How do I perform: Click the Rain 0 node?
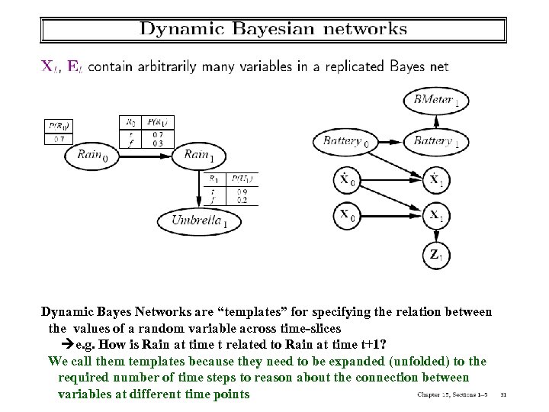(x=98, y=154)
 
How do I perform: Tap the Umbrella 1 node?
(x=200, y=221)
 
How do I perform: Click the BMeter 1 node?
(x=435, y=100)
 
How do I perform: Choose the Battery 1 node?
(x=436, y=140)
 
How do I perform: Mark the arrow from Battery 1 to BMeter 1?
(x=435, y=120)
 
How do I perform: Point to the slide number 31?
(x=502, y=394)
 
